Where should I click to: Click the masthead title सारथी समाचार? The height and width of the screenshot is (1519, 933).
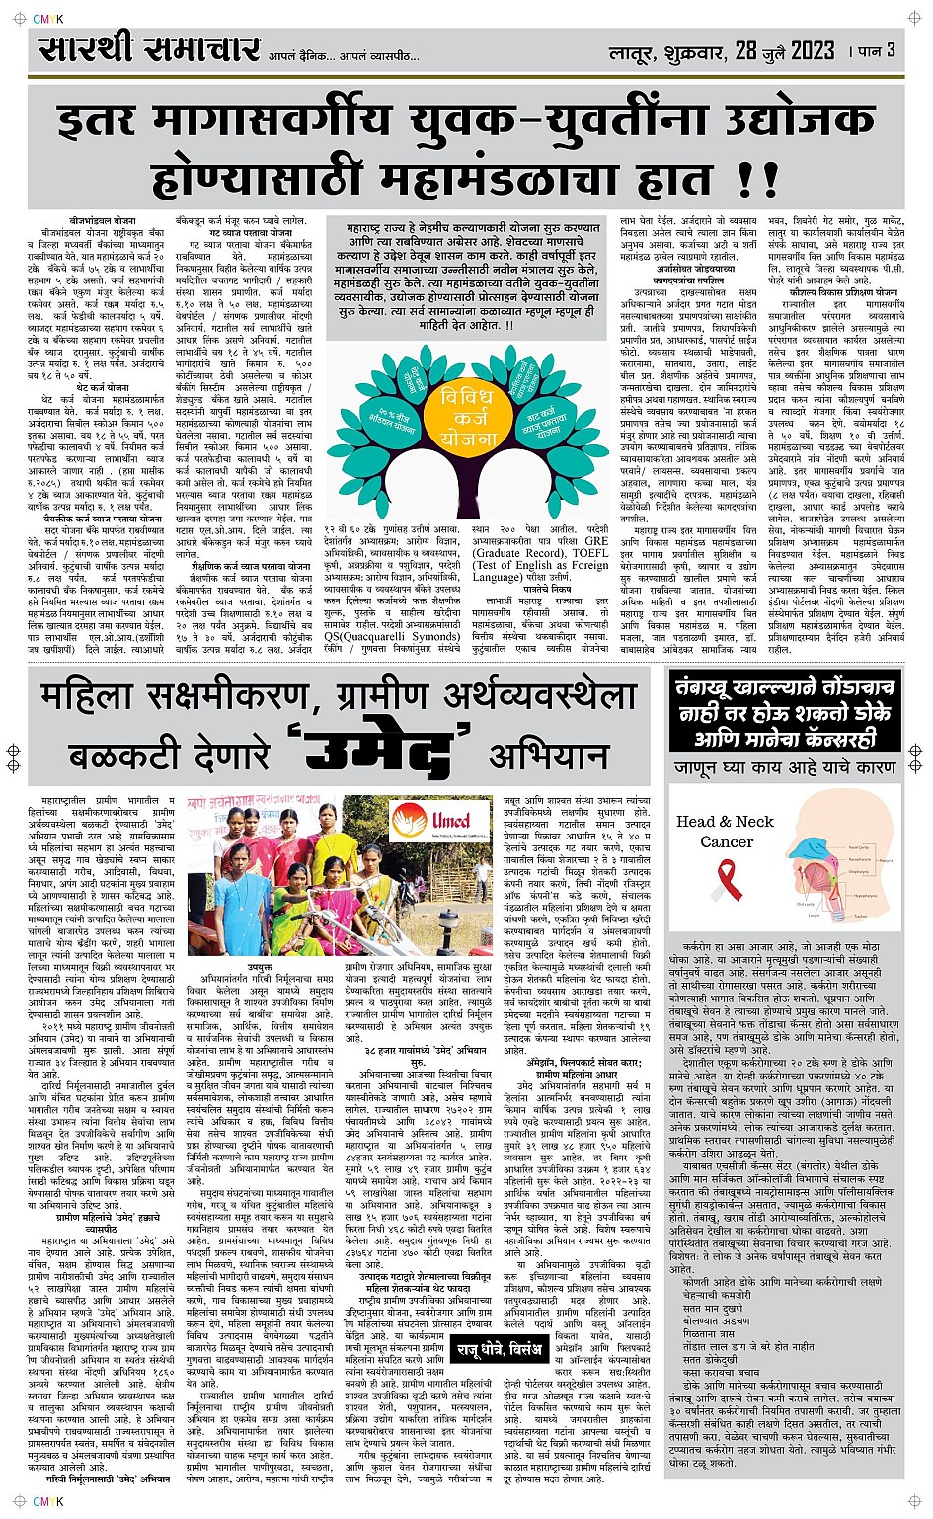point(149,49)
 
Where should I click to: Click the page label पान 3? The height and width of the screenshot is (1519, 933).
point(878,50)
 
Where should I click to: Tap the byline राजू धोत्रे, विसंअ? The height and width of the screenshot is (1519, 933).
point(499,1347)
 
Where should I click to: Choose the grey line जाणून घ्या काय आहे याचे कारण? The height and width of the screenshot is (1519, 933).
point(786,766)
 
